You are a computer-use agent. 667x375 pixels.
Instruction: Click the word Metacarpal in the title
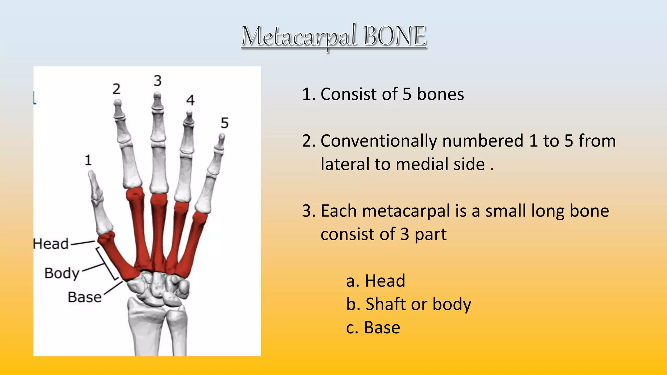tap(299, 36)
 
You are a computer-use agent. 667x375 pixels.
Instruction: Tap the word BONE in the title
tap(394, 36)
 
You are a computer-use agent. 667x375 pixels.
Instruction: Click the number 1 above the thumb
tap(88, 160)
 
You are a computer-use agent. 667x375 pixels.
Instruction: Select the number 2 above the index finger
tap(116, 89)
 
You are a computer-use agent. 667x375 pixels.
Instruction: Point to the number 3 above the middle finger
tap(158, 81)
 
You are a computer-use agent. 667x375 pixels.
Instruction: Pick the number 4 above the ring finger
tap(191, 100)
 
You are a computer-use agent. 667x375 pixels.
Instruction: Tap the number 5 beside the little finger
tap(225, 123)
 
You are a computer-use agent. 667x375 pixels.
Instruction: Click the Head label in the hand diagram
tap(51, 244)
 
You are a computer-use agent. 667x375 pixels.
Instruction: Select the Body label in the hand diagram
tap(62, 273)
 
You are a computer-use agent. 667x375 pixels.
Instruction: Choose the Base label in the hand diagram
tap(85, 297)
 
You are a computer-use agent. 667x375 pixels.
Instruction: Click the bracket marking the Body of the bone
tap(107, 264)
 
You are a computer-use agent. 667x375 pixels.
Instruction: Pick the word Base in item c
tap(382, 327)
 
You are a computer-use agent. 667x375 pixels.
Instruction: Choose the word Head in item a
tap(385, 281)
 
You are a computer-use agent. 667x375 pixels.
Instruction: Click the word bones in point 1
tap(440, 94)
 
